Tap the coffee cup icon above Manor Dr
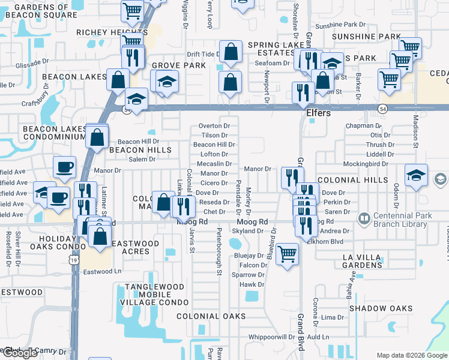[64, 167]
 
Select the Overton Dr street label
[214, 126]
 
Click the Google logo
[19, 353]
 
